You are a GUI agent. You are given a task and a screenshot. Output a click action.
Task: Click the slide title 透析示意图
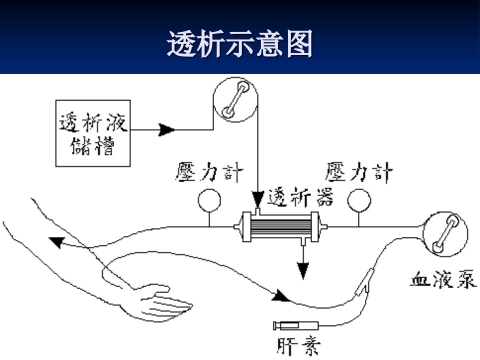239,44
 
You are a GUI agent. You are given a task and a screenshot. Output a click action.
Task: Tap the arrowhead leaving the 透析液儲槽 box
166,130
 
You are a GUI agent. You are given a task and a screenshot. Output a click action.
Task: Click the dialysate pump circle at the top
235,99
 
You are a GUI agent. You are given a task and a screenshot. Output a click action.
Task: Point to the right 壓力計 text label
358,172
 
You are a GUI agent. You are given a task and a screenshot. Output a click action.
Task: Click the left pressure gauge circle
209,200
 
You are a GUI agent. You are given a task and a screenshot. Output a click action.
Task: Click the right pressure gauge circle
359,200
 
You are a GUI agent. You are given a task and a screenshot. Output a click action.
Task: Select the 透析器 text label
300,197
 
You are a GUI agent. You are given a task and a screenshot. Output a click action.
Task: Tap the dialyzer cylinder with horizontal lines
280,227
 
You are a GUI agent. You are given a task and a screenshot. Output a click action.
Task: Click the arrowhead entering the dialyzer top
258,199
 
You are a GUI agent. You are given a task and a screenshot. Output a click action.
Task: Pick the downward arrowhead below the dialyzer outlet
303,270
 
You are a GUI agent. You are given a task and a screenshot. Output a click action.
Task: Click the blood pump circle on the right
445,234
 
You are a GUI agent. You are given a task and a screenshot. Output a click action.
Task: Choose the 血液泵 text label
443,278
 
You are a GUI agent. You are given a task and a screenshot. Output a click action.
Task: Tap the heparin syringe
295,325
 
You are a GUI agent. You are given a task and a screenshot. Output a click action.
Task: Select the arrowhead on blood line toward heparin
280,295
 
